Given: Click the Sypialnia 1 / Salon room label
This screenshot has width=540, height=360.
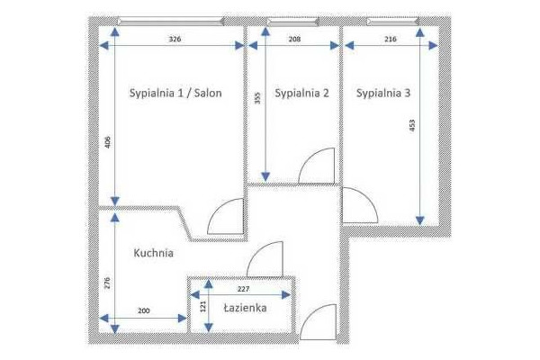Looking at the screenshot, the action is (x=175, y=94).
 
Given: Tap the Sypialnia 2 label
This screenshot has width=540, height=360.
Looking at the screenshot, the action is (x=301, y=94).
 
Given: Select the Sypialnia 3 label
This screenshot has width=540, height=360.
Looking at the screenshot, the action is (x=383, y=94).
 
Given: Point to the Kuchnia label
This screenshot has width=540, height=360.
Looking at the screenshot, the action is (x=153, y=253).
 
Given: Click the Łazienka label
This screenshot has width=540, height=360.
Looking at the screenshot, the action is (x=245, y=307).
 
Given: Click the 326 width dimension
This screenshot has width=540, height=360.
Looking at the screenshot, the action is (x=175, y=39).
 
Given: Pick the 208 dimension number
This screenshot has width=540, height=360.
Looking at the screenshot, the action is (x=294, y=39).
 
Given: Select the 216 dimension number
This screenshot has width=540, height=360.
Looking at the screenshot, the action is (x=391, y=39).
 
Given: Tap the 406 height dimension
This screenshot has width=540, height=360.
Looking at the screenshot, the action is (x=108, y=142).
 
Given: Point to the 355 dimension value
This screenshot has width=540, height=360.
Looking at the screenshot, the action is (x=257, y=98).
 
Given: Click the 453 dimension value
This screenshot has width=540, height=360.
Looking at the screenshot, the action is (x=412, y=126).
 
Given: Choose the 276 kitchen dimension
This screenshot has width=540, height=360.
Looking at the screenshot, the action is (x=107, y=283).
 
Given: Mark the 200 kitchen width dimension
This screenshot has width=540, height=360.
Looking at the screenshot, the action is (x=144, y=310).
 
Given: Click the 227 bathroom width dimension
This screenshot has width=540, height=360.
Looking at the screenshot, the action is (x=243, y=289).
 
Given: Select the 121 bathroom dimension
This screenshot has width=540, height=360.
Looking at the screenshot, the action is (x=202, y=306).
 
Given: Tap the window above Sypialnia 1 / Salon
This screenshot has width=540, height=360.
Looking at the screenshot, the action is (x=171, y=22).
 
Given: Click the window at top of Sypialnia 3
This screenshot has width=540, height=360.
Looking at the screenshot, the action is (x=393, y=22).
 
